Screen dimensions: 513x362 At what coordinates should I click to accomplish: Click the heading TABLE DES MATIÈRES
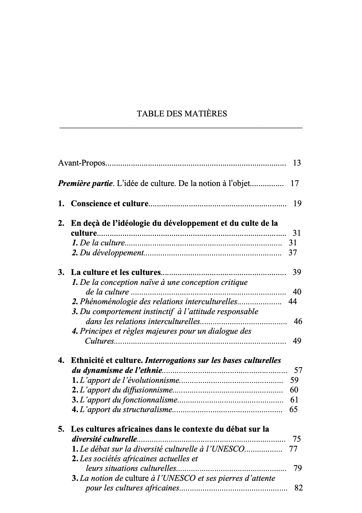point(182,114)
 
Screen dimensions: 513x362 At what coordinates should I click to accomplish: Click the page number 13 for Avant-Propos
point(297,163)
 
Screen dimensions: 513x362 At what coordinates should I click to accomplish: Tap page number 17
point(295,184)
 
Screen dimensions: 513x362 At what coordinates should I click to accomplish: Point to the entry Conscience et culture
point(110,204)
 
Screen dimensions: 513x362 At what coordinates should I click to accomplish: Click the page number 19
point(297,204)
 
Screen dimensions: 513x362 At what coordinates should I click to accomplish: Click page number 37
point(293,253)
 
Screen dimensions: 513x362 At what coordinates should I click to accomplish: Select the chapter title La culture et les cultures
point(116,273)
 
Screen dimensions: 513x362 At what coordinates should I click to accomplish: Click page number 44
point(292,302)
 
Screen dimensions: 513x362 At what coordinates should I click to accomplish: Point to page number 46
point(298,321)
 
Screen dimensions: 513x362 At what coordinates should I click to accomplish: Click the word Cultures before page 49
point(99,341)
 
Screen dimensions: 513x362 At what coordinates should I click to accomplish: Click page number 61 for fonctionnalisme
point(294,400)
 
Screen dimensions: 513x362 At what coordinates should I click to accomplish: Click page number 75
point(297,439)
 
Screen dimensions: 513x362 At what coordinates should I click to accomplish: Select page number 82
point(298,488)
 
